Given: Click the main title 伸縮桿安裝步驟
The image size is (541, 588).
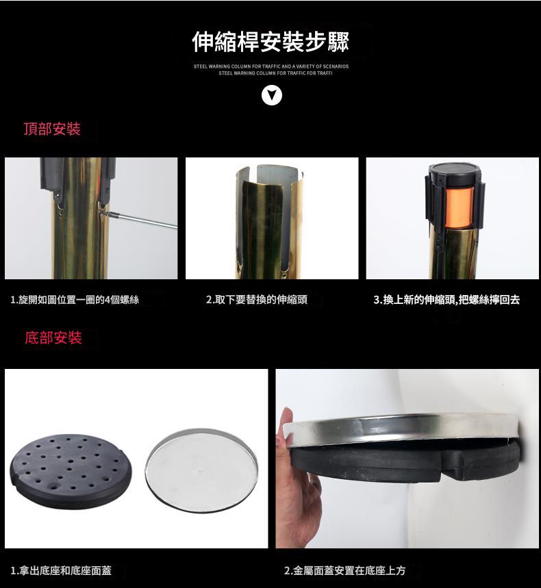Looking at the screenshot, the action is tap(270, 41).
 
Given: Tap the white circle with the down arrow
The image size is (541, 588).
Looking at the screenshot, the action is tap(272, 96).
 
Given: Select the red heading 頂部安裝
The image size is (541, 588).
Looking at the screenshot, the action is tap(52, 129).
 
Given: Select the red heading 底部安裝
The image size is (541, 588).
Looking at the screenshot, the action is tap(53, 337).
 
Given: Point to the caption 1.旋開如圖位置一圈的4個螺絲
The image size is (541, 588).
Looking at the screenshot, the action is tap(75, 300).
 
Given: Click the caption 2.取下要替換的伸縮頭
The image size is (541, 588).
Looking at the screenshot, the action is tap(257, 299).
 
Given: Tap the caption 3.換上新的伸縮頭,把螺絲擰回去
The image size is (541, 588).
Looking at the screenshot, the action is tap(446, 299).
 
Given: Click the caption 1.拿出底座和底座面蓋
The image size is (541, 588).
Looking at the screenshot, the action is tap(61, 570).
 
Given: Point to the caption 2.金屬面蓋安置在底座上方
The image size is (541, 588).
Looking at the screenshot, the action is tap(344, 570).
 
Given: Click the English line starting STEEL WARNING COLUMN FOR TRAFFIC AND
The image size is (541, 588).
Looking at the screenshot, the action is tap(271, 66).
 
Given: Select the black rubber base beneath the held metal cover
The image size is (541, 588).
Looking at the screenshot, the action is tap(405, 461).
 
